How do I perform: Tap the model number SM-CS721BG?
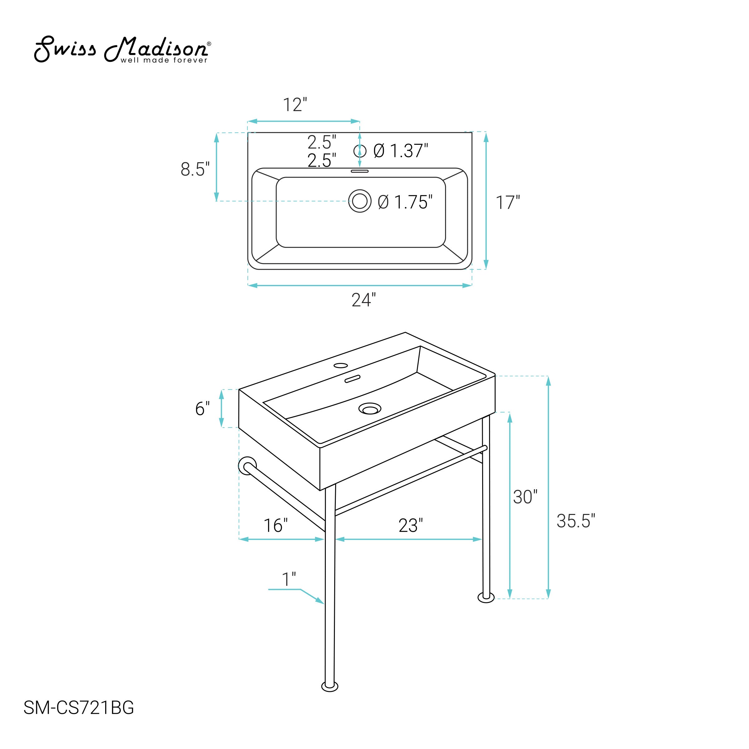pos(79,707)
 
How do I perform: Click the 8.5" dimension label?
pos(195,169)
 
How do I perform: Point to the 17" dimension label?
pos(508,202)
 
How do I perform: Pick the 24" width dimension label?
pos(364,300)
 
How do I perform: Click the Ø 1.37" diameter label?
pos(401,151)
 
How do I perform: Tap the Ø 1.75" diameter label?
pos(405,202)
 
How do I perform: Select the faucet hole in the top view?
pos(360,151)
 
